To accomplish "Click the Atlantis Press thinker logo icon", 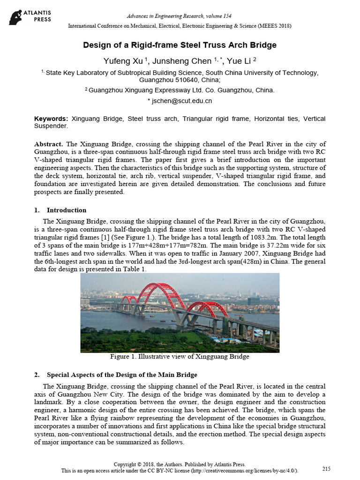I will [x=17, y=16].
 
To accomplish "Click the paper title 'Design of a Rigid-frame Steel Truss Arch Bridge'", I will [x=180, y=45].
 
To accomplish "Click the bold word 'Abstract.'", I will [x=49, y=144].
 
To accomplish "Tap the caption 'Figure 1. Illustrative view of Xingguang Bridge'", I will [x=180, y=357].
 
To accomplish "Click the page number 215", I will [x=326, y=469].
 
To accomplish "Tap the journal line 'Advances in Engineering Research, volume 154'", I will [x=180, y=16].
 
